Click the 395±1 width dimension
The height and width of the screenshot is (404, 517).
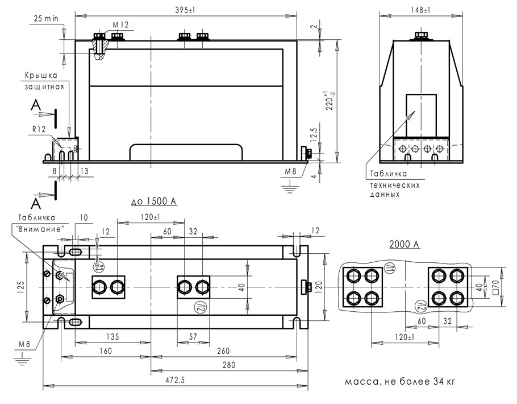pyautogui.click(x=185, y=10)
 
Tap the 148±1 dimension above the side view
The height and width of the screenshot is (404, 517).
pyautogui.click(x=421, y=10)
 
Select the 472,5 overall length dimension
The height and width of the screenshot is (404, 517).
pyautogui.click(x=175, y=380)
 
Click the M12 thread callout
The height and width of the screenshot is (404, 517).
pyautogui.click(x=120, y=25)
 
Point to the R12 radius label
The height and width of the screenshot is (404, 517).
pyautogui.click(x=39, y=129)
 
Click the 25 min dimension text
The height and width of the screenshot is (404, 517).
pyautogui.click(x=46, y=18)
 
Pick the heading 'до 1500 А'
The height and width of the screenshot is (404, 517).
pyautogui.click(x=153, y=201)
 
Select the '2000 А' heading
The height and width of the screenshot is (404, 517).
pyautogui.click(x=405, y=244)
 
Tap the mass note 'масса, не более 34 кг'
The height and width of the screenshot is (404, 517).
pyautogui.click(x=400, y=382)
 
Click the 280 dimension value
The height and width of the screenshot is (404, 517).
pyautogui.click(x=229, y=365)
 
